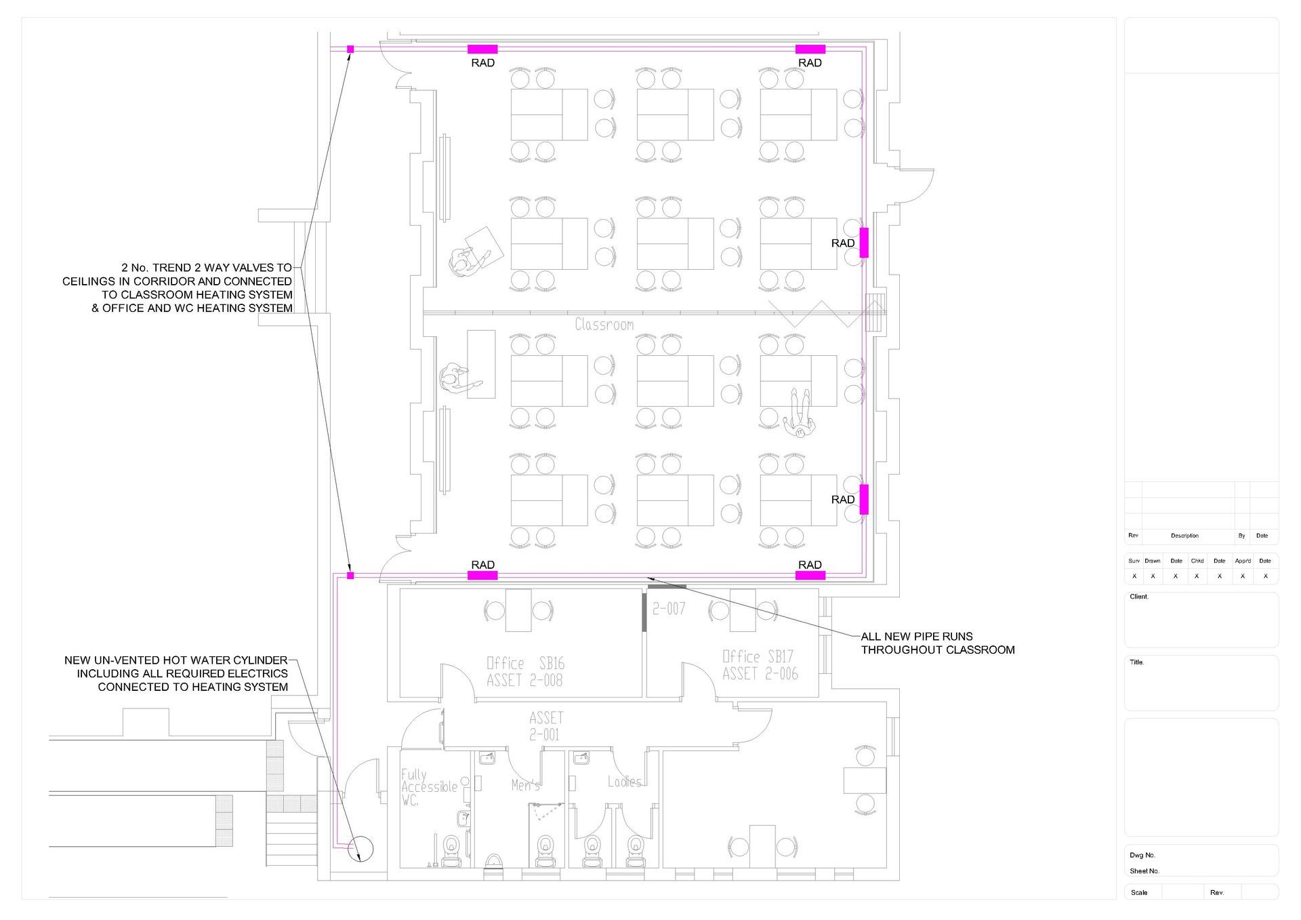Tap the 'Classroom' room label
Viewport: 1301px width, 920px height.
604,325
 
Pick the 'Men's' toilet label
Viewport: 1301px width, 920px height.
526,785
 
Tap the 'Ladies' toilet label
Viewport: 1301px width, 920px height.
624,782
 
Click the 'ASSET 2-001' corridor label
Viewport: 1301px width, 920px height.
545,726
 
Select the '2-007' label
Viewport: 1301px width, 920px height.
669,609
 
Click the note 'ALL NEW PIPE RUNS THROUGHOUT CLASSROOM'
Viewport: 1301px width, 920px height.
938,643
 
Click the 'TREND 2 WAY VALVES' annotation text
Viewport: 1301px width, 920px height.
178,287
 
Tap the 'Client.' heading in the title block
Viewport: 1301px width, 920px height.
1139,597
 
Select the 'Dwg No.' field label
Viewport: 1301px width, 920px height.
1142,855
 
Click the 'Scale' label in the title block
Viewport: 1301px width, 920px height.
1139,892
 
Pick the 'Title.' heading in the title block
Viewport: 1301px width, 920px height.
1136,662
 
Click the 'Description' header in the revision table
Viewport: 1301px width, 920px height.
1184,536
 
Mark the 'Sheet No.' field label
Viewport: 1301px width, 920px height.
1144,871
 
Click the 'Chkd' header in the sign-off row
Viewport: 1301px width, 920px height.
1197,561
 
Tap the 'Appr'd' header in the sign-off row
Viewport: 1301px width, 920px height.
1243,561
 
